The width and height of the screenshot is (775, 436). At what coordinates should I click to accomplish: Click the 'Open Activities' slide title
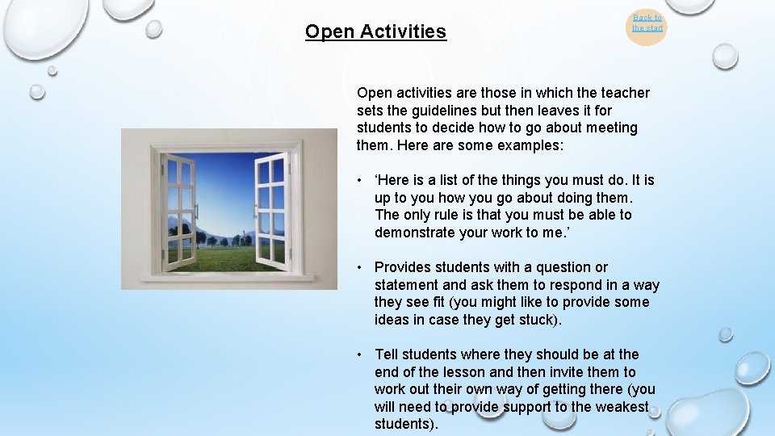click(x=375, y=32)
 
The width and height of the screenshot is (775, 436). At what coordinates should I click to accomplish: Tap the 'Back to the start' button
click(x=647, y=23)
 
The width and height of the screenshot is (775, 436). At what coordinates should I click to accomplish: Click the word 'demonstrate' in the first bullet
click(x=414, y=233)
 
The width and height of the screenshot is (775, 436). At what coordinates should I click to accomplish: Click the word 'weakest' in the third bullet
click(x=622, y=407)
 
